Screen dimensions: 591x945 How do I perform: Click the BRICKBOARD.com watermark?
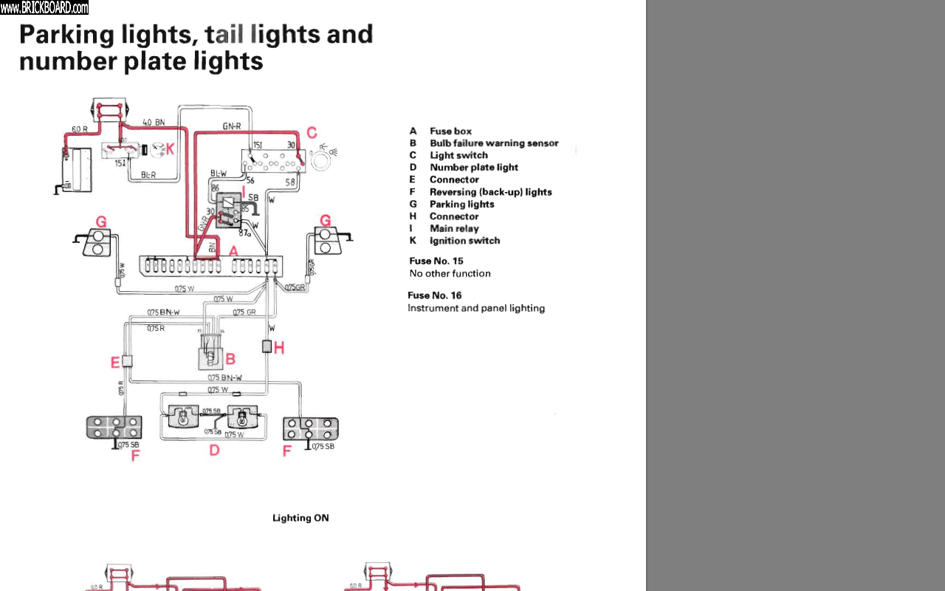pyautogui.click(x=44, y=8)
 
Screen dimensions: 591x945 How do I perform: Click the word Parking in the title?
pyautogui.click(x=66, y=35)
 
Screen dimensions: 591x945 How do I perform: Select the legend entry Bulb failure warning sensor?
pyautogui.click(x=494, y=143)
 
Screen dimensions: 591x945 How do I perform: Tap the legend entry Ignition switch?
pyautogui.click(x=464, y=241)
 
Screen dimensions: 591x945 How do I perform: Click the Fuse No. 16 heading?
pyautogui.click(x=435, y=295)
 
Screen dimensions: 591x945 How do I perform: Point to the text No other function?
pyautogui.click(x=450, y=273)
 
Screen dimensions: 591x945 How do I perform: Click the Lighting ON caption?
pyautogui.click(x=300, y=518)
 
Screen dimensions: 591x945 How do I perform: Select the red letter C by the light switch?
pyautogui.click(x=312, y=133)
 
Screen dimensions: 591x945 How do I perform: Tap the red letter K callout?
pyautogui.click(x=170, y=149)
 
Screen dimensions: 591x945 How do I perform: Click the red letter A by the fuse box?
pyautogui.click(x=233, y=252)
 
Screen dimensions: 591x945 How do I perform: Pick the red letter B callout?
pyautogui.click(x=230, y=359)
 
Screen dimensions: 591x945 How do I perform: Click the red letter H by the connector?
pyautogui.click(x=279, y=347)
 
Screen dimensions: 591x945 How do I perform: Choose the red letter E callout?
pyautogui.click(x=115, y=362)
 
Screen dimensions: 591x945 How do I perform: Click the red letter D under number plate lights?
pyautogui.click(x=214, y=449)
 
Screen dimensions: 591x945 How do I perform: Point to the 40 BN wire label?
pyautogui.click(x=154, y=123)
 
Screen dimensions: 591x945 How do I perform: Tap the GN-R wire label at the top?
pyautogui.click(x=232, y=126)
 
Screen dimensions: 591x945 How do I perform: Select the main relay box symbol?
pyautogui.click(x=230, y=208)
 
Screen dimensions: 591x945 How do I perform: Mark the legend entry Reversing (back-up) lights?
pyautogui.click(x=491, y=192)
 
